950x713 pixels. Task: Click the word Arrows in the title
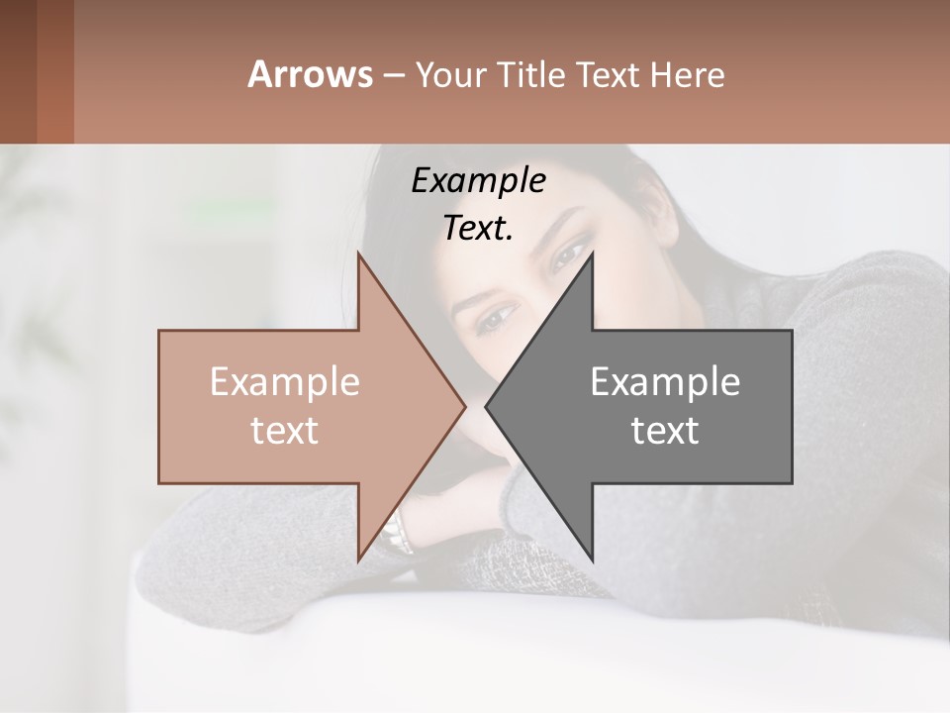click(x=310, y=74)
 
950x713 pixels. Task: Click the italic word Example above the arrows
click(x=478, y=180)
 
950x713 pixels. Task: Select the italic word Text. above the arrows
click(x=478, y=228)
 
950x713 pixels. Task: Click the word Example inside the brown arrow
click(x=284, y=382)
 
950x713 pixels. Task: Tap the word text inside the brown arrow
click(x=284, y=430)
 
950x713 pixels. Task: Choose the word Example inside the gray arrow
click(x=665, y=382)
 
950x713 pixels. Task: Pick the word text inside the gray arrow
click(x=665, y=430)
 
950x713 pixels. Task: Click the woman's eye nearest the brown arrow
click(x=497, y=318)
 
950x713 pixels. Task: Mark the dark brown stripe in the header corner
click(x=18, y=71)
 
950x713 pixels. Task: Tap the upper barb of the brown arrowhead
click(x=360, y=259)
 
